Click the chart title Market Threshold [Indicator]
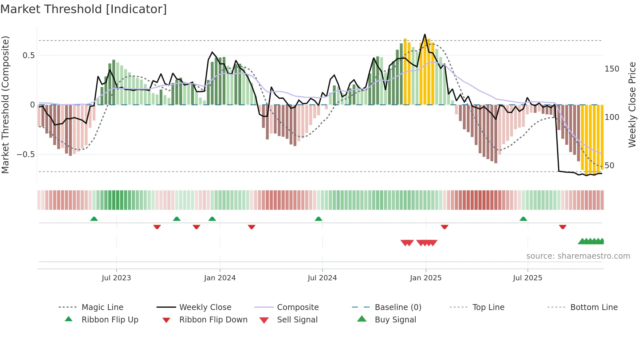click(x=84, y=9)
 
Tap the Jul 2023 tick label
click(x=116, y=278)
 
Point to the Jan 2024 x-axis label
click(x=220, y=278)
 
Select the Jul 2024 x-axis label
click(x=322, y=278)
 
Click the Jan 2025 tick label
click(x=425, y=278)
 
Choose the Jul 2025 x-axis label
click(x=527, y=278)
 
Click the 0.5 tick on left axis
click(x=28, y=56)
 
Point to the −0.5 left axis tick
click(x=26, y=154)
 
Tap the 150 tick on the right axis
click(x=612, y=69)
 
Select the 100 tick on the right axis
click(x=612, y=117)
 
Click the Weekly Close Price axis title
click(x=632, y=105)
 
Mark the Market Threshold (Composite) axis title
click(x=5, y=105)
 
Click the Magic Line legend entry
click(x=102, y=307)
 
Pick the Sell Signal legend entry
click(x=297, y=320)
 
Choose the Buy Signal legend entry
click(x=395, y=320)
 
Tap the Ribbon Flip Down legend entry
click(x=213, y=320)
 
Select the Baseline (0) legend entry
click(x=398, y=307)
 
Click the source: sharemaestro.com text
click(x=578, y=256)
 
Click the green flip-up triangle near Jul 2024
click(x=318, y=219)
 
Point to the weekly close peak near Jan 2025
click(x=425, y=34)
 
